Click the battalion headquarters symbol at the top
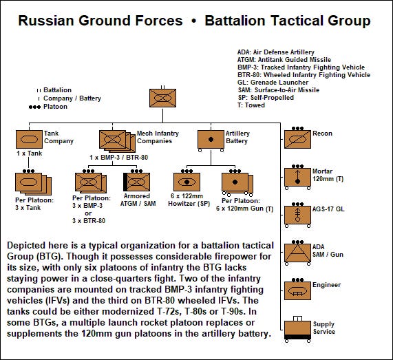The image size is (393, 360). pos(164,98)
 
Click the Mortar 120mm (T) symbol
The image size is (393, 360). pos(297,176)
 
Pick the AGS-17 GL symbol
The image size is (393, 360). pos(297,214)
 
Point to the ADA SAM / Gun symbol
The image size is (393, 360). pos(297,252)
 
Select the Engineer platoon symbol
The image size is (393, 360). pos(297,290)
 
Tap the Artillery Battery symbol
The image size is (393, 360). pos(210,139)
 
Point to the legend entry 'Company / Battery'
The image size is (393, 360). pos(71,98)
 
